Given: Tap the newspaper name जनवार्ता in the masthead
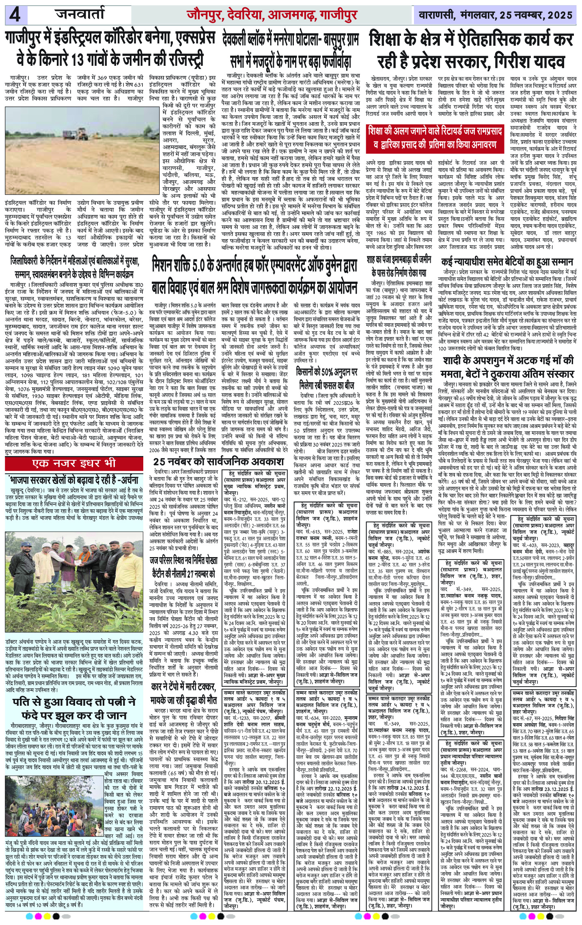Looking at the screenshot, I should pyautogui.click(x=80, y=15).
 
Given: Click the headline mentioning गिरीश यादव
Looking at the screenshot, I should pyautogui.click(x=471, y=51).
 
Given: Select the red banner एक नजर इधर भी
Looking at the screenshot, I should pyautogui.click(x=74, y=463).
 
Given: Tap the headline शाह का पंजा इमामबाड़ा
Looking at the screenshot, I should pyautogui.click(x=399, y=266).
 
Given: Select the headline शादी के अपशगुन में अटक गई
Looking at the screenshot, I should pyautogui.click(x=507, y=367).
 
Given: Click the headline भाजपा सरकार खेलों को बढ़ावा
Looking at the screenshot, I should pyautogui.click(x=75, y=479).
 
